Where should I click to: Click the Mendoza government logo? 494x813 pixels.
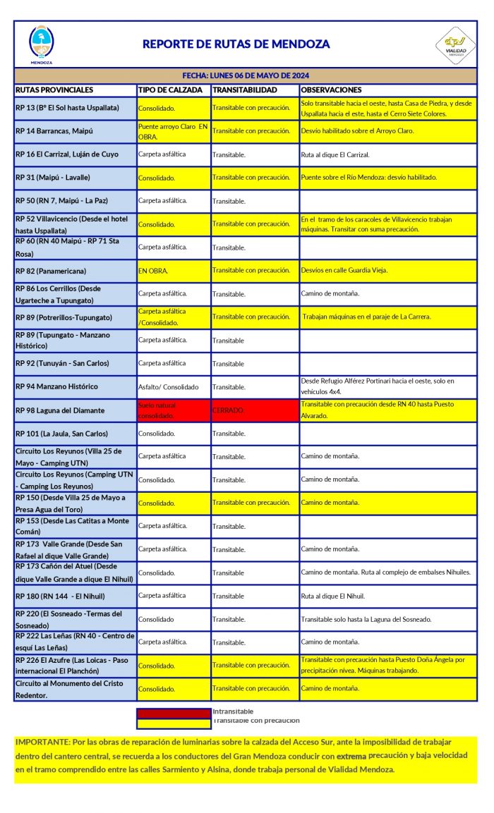point(41,44)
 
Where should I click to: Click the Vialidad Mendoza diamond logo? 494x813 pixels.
point(455,44)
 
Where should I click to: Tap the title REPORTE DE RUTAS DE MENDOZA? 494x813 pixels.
point(236,44)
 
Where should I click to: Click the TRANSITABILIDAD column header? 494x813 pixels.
point(245,90)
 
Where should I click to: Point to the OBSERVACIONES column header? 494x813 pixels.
point(331,90)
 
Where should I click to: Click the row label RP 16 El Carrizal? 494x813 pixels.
point(67,154)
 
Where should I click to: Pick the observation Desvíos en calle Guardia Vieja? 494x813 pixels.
point(344,271)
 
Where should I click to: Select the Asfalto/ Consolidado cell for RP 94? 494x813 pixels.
point(169,387)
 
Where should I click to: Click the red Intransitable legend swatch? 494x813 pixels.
point(174,713)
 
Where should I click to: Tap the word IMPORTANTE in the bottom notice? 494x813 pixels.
point(42,742)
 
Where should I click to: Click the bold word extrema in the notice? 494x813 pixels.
point(352,755)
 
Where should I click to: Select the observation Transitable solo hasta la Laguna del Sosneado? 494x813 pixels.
point(366,619)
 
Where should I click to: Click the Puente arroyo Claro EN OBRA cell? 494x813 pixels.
point(174,130)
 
